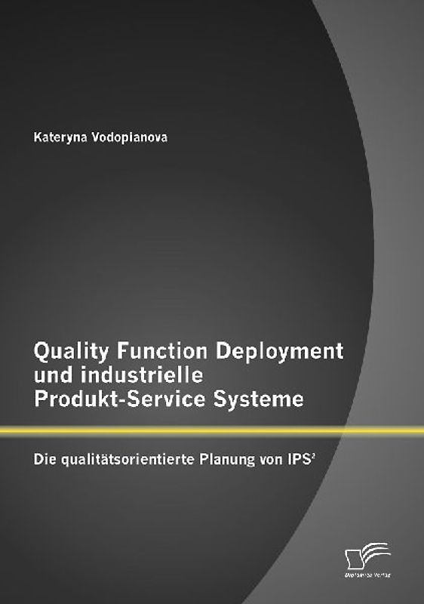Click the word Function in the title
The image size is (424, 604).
(x=158, y=352)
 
